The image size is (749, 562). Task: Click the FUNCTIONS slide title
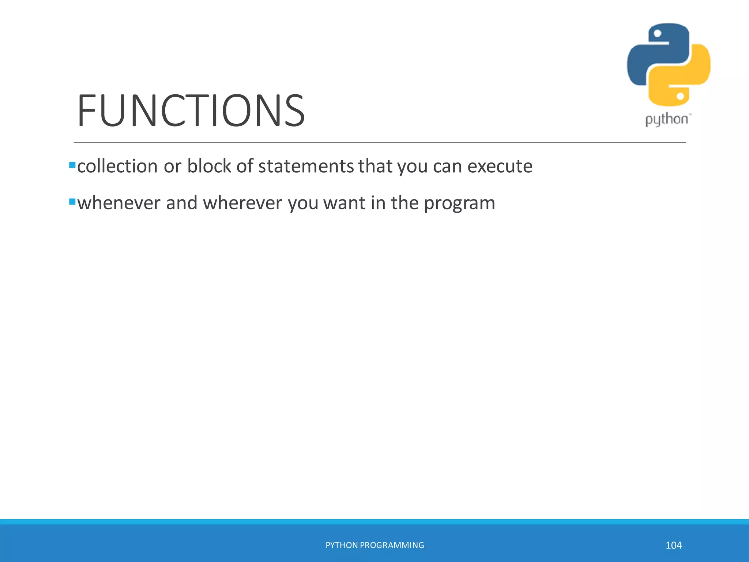click(191, 110)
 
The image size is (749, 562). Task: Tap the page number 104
click(673, 545)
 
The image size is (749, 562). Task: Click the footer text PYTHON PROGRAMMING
click(374, 545)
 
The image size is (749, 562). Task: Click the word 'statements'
click(306, 166)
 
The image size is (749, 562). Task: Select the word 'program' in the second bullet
click(459, 203)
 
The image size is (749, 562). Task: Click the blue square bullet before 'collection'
click(72, 165)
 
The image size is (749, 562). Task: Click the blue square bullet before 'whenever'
click(72, 202)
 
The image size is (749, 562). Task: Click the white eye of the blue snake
click(657, 33)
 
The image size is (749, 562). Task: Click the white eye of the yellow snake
click(680, 96)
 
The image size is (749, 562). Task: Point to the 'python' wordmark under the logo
click(666, 120)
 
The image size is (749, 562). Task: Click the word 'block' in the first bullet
click(209, 166)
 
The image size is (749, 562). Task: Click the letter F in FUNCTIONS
click(87, 110)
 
